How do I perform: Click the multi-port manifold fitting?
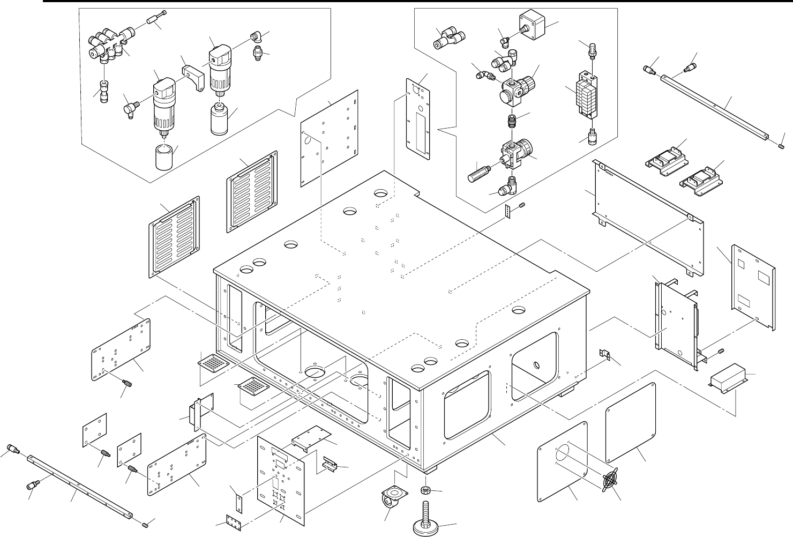pos(107,46)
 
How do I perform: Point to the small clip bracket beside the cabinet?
pos(604,354)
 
